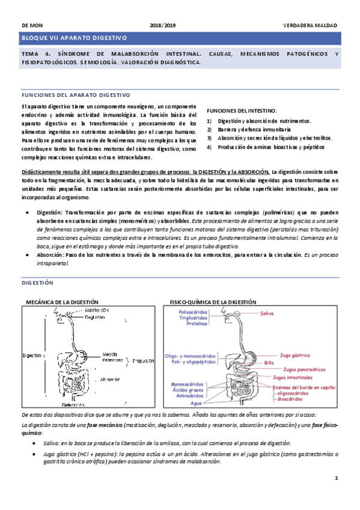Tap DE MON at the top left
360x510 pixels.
[31, 26]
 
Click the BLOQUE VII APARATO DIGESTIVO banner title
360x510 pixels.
[75, 38]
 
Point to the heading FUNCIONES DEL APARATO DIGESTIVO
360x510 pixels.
[76, 95]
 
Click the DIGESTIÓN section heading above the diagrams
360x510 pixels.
[37, 282]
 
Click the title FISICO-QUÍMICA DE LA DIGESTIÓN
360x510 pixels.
[213, 301]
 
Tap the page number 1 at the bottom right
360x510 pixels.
[337, 478]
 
